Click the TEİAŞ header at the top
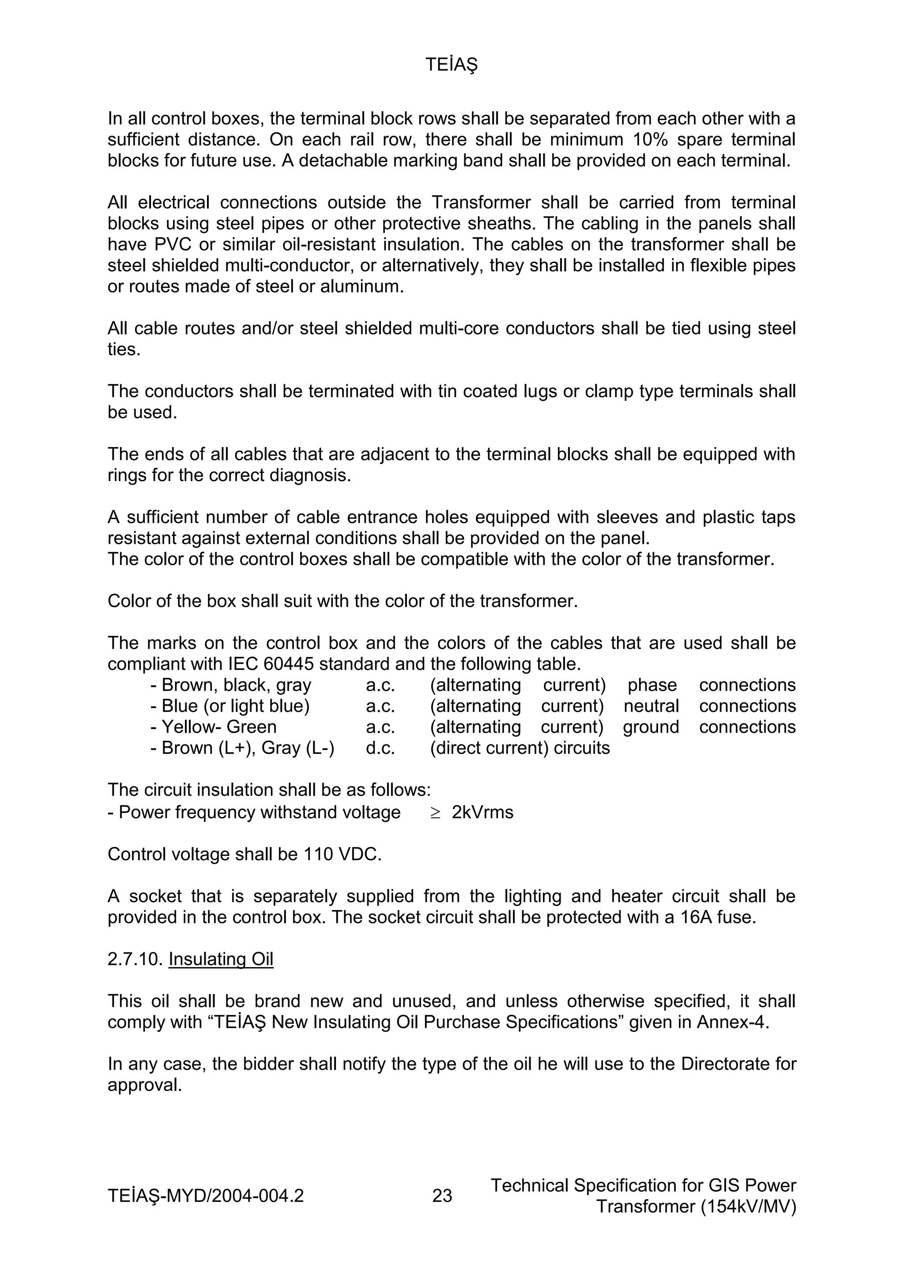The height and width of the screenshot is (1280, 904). pyautogui.click(x=451, y=65)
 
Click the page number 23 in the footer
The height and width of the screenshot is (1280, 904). pyautogui.click(x=442, y=1195)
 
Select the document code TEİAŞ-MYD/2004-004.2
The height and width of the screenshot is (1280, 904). pyautogui.click(x=206, y=1195)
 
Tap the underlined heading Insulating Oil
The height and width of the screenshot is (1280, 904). pyautogui.click(x=221, y=959)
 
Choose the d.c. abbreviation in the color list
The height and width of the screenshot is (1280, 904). pyautogui.click(x=380, y=748)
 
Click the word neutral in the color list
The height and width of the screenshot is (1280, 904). pyautogui.click(x=651, y=706)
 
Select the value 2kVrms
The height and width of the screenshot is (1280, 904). pyautogui.click(x=482, y=812)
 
